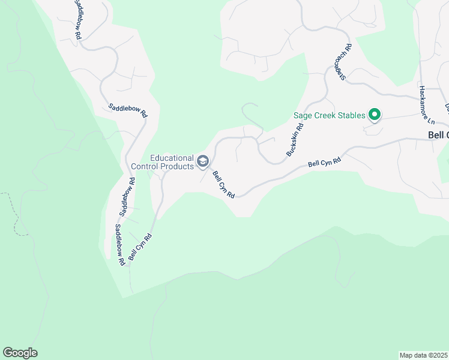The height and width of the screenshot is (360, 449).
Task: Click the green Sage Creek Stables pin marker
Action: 375,114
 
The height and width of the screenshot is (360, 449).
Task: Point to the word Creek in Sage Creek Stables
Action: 325,115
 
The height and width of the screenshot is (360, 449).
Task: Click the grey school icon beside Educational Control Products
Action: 203,161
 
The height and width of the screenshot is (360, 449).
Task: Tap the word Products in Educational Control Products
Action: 179,166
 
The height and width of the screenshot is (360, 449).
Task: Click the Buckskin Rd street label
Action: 295,140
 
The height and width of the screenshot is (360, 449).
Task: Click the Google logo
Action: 20,353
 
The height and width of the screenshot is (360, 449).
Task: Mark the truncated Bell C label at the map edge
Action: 438,136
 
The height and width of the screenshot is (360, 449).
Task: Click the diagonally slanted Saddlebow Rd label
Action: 127,112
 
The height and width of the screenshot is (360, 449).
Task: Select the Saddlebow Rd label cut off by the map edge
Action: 78,19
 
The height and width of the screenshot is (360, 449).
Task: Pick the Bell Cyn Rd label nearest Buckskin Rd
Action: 324,162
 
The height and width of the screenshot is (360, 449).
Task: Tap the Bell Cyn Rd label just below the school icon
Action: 224,185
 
